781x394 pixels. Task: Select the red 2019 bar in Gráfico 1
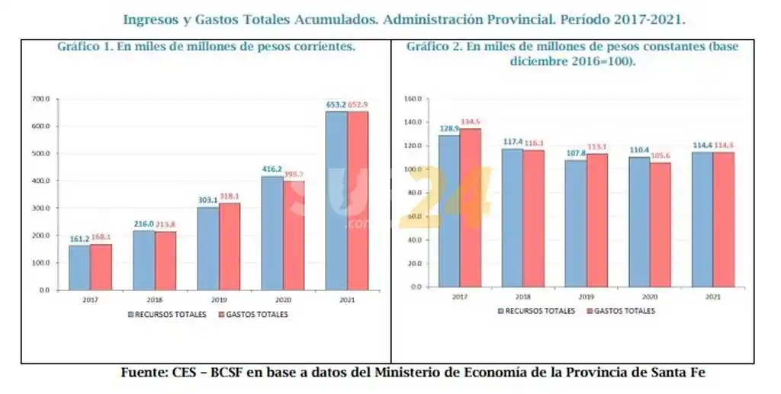point(230,246)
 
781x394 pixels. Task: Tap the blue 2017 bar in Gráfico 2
point(449,210)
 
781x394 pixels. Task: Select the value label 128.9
point(449,128)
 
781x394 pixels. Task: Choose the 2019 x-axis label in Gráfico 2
point(587,296)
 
